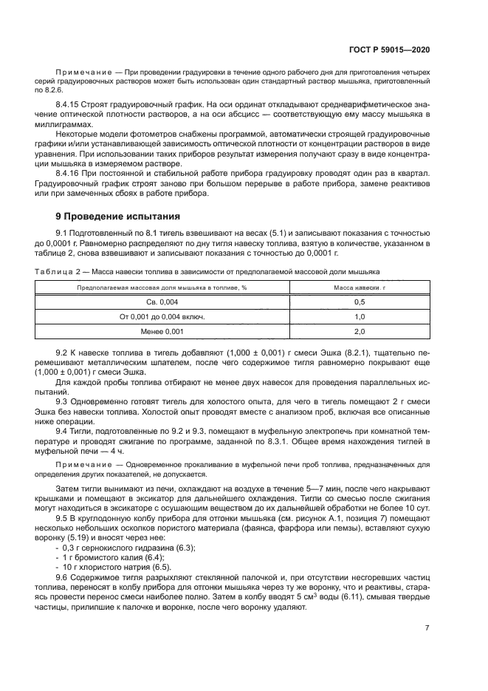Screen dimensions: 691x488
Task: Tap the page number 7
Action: (x=427, y=627)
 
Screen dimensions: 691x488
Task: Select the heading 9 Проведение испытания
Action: (x=118, y=217)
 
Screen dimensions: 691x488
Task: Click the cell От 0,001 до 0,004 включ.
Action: (x=162, y=316)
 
